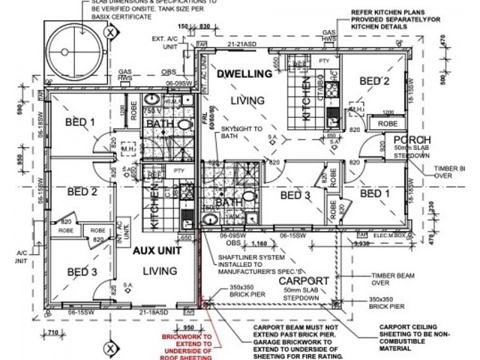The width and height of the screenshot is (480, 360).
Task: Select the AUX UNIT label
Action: coord(154,250)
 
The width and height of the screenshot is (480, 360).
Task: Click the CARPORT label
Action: coord(302,281)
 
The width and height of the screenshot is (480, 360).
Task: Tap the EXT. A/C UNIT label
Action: coord(164,42)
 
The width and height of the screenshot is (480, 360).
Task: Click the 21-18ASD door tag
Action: coord(152,313)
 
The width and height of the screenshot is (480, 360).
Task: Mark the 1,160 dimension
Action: coord(259,244)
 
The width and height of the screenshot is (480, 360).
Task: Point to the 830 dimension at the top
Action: coord(205,27)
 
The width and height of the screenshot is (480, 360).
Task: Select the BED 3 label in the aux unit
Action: coord(81,272)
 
